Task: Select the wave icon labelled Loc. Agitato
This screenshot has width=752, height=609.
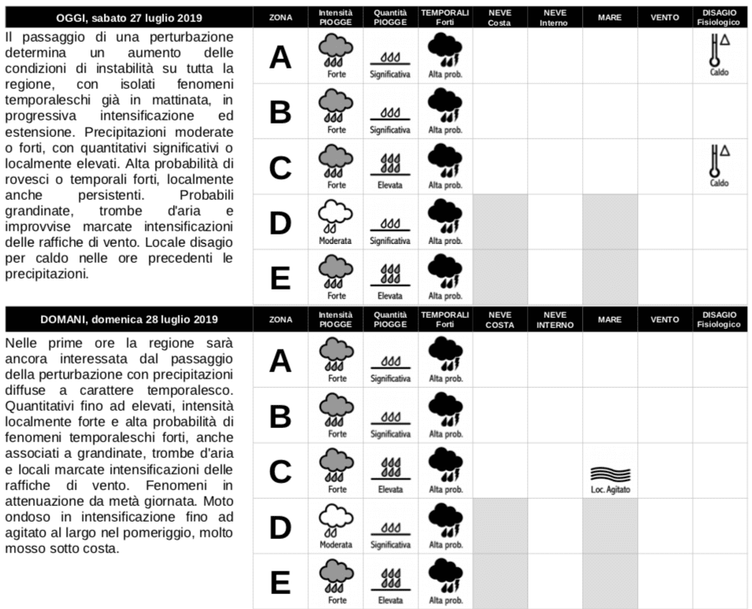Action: pos(610,474)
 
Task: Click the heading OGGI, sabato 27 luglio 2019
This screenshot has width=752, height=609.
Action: pos(129,17)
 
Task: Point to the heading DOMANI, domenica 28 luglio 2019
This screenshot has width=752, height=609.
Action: pos(129,319)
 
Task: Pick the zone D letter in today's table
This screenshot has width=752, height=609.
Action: pos(280,223)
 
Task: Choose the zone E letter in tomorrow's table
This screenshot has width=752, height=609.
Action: pos(280,583)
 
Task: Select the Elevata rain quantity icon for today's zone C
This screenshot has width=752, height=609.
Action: pos(390,166)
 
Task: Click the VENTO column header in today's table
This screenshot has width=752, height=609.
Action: pos(665,17)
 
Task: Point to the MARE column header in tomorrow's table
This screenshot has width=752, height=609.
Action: pos(610,319)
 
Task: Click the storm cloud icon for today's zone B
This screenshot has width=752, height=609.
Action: pos(445,106)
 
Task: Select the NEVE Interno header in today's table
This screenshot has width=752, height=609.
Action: pos(555,17)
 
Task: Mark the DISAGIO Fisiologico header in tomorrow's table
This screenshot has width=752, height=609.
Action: pos(719,319)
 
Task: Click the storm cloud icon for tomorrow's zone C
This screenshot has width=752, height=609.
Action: pos(445,466)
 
